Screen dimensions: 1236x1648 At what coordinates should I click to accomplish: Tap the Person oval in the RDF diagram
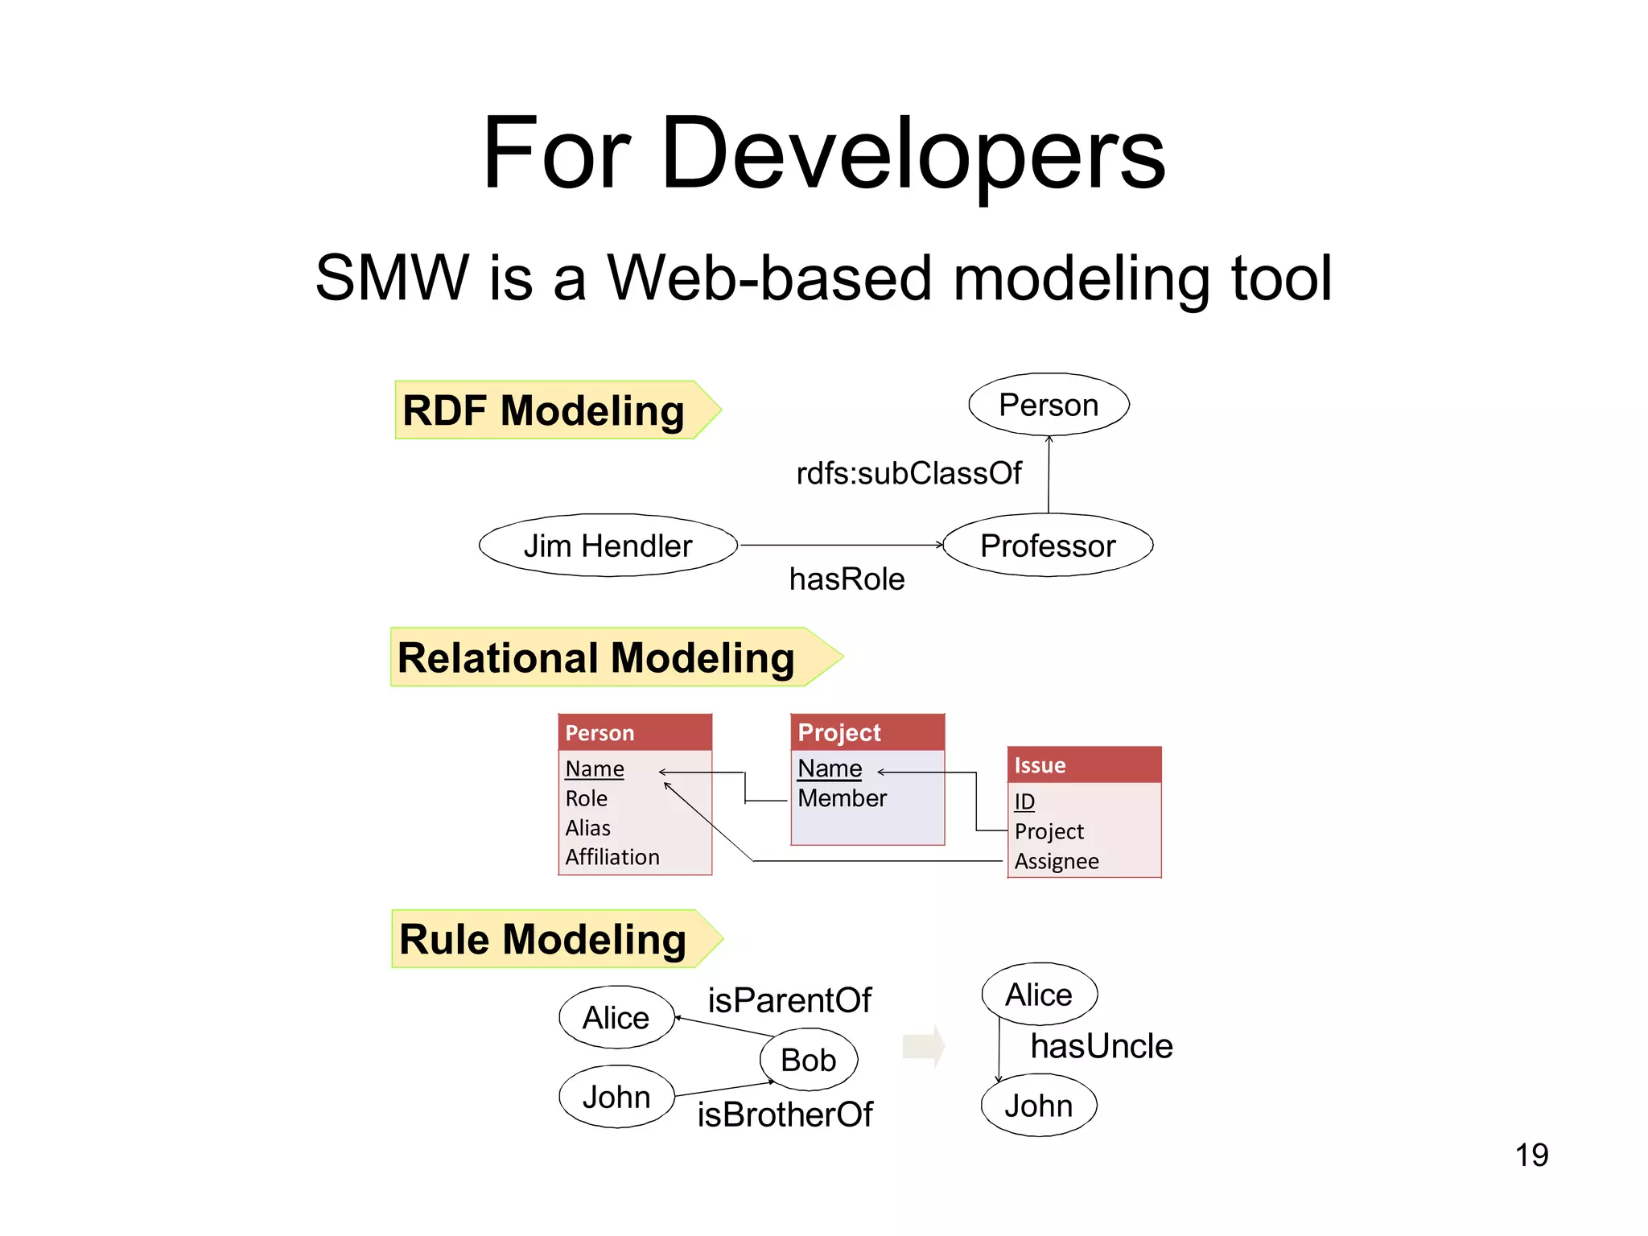pos(1048,405)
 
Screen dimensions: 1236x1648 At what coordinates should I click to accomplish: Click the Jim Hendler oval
pos(608,546)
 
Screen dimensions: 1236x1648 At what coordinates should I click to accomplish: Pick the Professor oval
pos(1047,546)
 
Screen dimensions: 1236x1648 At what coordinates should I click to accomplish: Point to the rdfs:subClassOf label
pos(908,473)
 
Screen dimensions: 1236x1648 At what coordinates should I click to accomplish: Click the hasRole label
pos(847,579)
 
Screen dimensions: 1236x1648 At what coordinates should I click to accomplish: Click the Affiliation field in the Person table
pos(612,857)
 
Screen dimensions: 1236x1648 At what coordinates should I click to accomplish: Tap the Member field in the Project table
pos(842,798)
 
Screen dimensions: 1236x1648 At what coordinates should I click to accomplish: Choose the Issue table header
pos(1083,765)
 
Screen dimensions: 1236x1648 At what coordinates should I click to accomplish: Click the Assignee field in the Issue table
pos(1056,861)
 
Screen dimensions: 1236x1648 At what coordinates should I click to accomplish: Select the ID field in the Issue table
pos(1024,801)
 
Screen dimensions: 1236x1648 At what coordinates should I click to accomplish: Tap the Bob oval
pos(808,1060)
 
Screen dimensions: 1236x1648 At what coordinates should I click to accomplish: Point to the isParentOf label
pos(789,1000)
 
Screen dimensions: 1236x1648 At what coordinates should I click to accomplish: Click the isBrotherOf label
pos(785,1114)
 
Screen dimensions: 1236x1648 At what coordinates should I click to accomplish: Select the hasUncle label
pos(1101,1046)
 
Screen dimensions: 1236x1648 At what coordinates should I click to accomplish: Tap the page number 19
pos(1531,1155)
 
